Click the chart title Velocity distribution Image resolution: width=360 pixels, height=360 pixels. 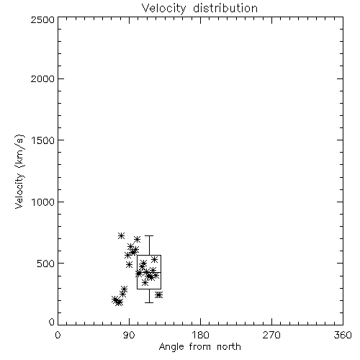pyautogui.click(x=199, y=8)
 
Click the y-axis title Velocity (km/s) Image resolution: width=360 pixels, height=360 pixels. pyautogui.click(x=19, y=172)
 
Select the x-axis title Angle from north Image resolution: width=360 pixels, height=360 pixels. pyautogui.click(x=199, y=346)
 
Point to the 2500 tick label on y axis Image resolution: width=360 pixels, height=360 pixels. pyautogui.click(x=42, y=19)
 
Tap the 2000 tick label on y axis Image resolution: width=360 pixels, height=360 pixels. pyautogui.click(x=42, y=78)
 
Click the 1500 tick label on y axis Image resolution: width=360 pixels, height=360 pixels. pyautogui.click(x=43, y=140)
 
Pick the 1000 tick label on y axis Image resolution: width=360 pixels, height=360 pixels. pyautogui.click(x=43, y=202)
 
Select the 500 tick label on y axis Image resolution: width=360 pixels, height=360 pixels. pyautogui.click(x=46, y=264)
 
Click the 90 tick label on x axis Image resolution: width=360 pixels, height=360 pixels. pyautogui.click(x=129, y=335)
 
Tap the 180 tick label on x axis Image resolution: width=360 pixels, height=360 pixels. pyautogui.click(x=200, y=335)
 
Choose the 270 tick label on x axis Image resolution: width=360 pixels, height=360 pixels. pyautogui.click(x=271, y=335)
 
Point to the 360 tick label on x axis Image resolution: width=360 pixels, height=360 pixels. pyautogui.click(x=343, y=335)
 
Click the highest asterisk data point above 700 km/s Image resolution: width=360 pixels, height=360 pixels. pyautogui.click(x=122, y=235)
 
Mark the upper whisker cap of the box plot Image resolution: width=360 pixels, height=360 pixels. pyautogui.click(x=149, y=236)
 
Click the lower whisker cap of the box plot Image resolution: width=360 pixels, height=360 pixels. pyautogui.click(x=149, y=302)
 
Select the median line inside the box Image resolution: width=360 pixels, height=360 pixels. pyautogui.click(x=149, y=272)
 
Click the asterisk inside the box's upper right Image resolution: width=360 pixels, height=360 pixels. pyautogui.click(x=154, y=259)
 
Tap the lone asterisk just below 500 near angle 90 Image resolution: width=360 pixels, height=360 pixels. pyautogui.click(x=129, y=264)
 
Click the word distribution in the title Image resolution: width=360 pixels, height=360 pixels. pyautogui.click(x=225, y=8)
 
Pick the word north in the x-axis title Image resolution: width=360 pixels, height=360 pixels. pyautogui.click(x=229, y=346)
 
